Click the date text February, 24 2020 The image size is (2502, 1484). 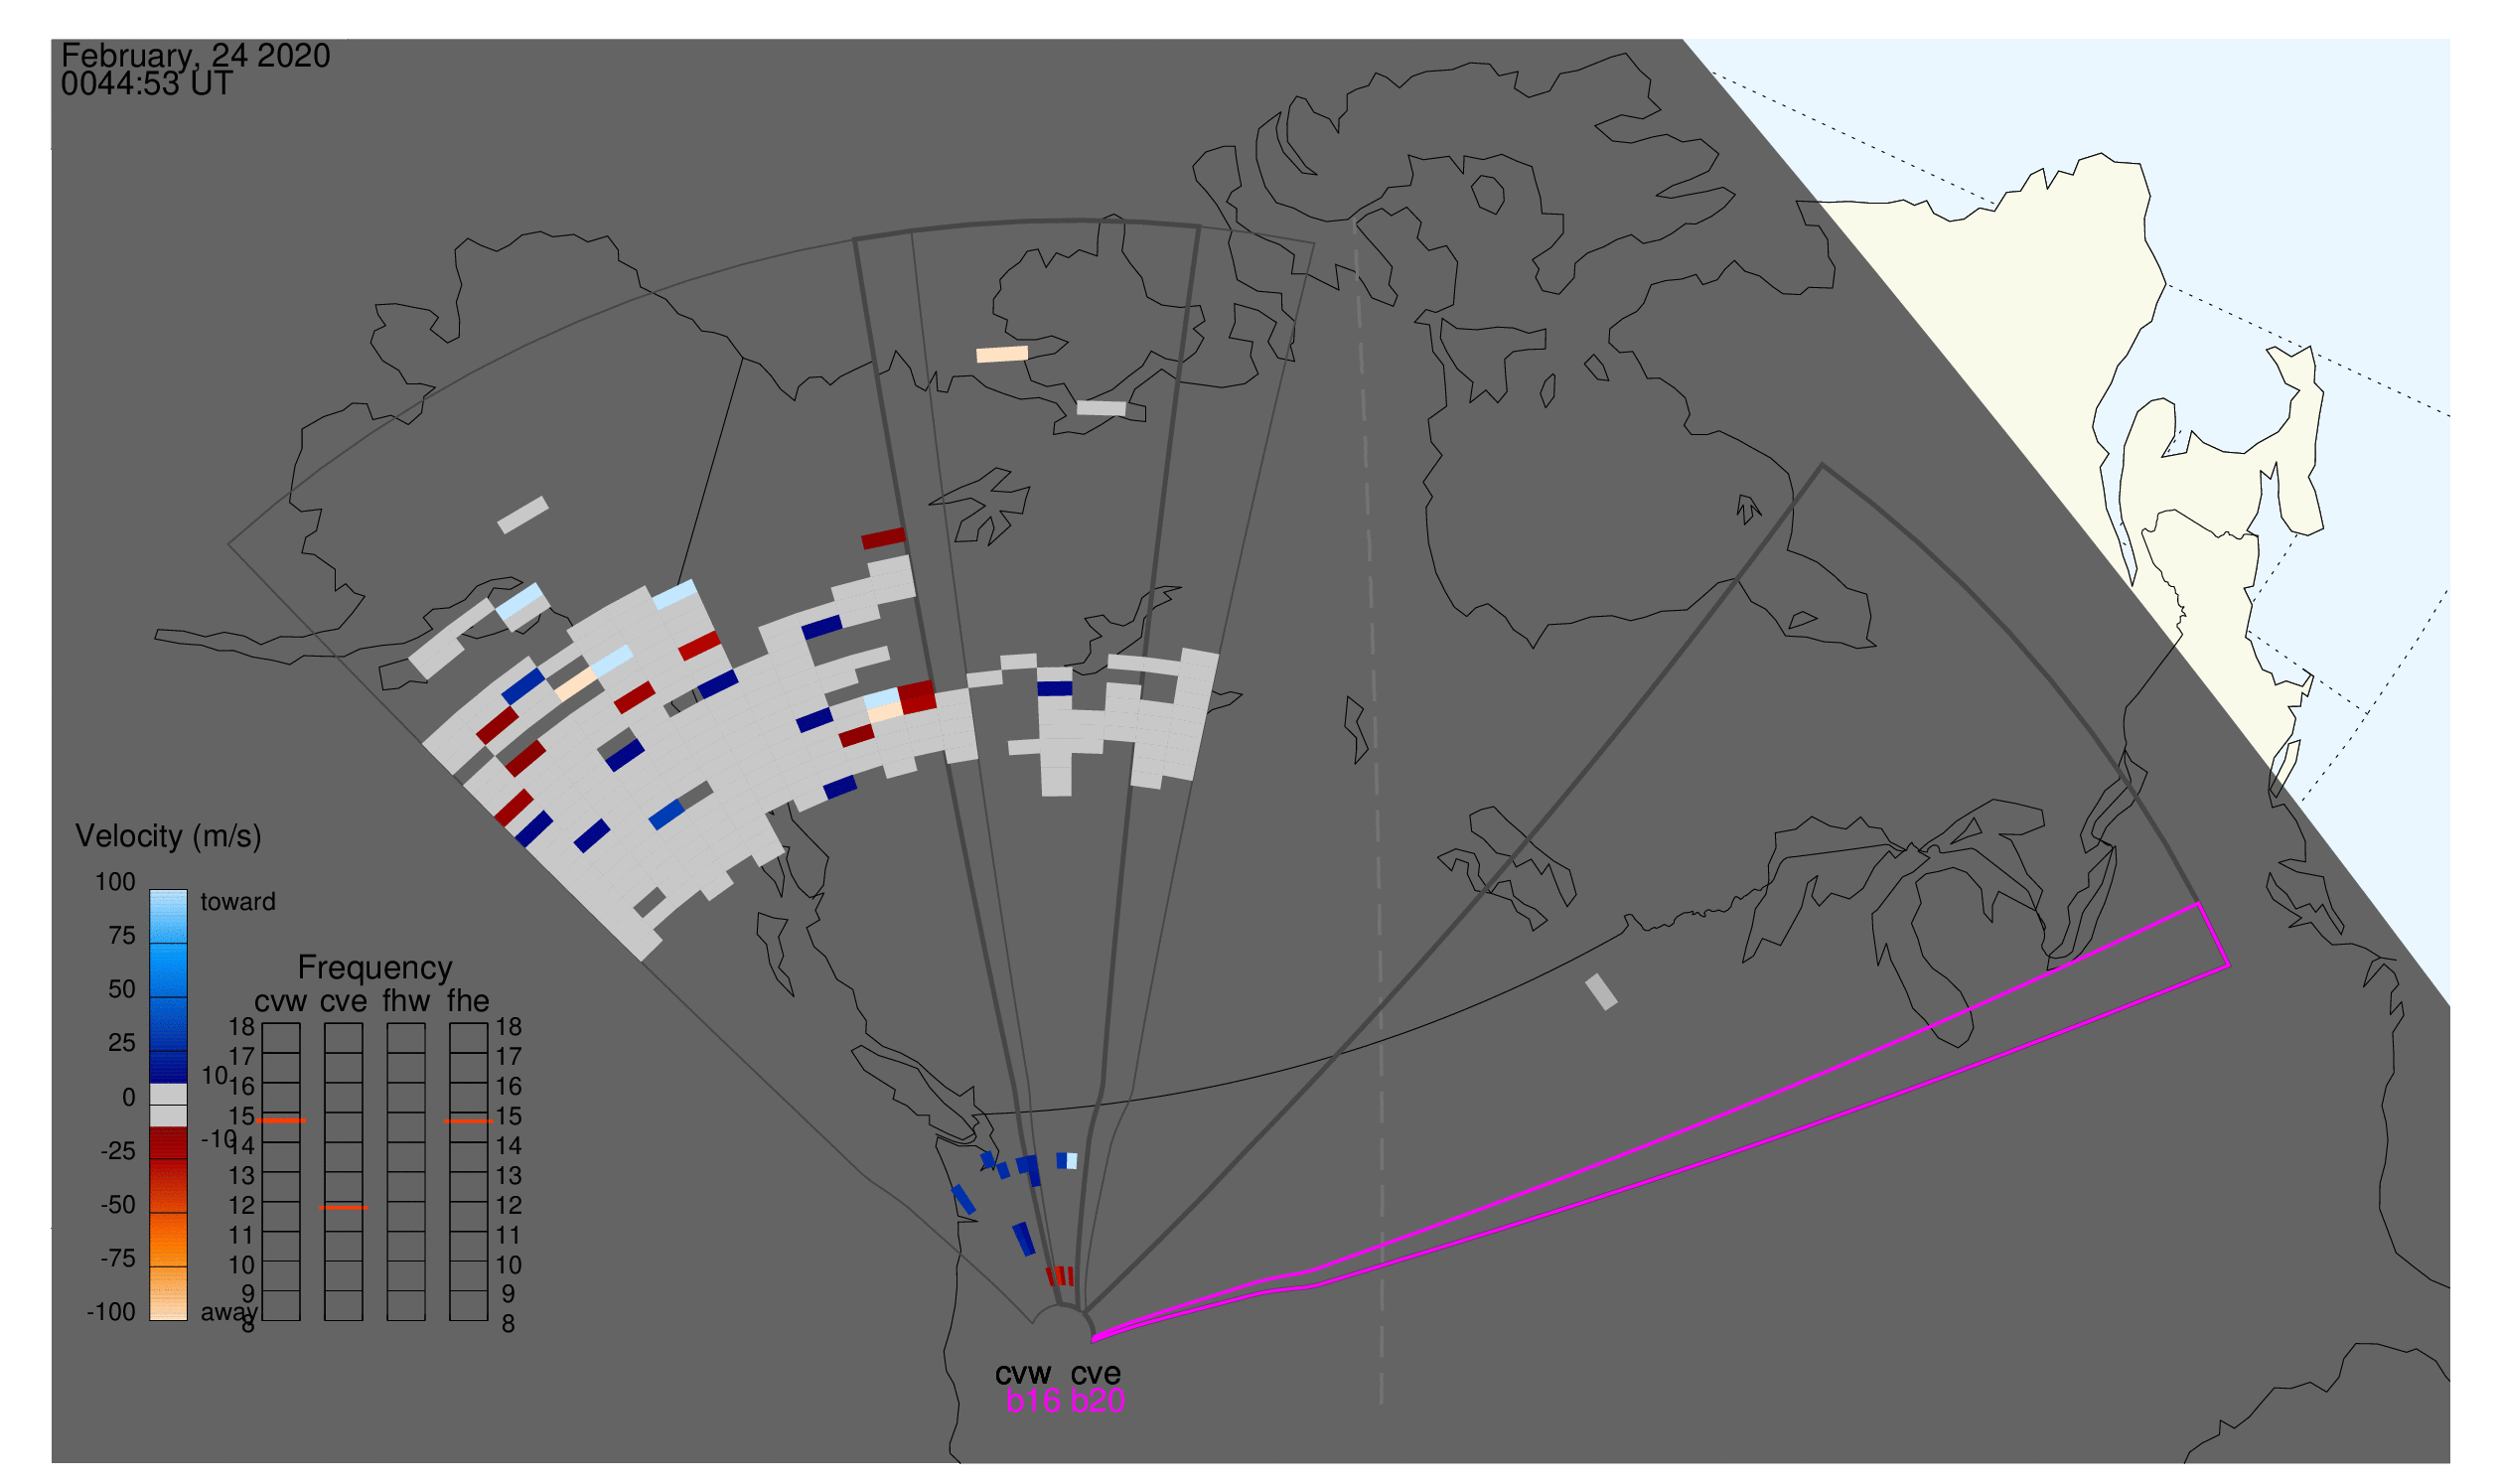196,56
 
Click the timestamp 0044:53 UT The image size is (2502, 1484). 147,84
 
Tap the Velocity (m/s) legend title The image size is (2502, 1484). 168,837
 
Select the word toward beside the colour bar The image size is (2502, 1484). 238,902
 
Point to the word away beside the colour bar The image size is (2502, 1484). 229,1313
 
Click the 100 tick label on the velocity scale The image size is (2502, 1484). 115,882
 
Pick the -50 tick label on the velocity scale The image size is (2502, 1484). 118,1205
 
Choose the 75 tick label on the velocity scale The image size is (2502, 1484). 122,936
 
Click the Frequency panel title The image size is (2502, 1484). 375,968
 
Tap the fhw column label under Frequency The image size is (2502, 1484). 406,1001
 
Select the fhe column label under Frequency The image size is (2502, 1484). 468,1001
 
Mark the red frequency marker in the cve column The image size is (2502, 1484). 343,1208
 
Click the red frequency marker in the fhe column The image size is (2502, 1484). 468,1122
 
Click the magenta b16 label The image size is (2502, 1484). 1033,1402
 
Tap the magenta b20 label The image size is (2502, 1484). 1098,1402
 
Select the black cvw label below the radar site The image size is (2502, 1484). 1023,1374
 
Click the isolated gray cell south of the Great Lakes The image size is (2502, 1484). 1601,992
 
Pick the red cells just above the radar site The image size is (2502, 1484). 1060,1277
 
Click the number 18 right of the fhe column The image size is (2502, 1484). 509,1027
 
